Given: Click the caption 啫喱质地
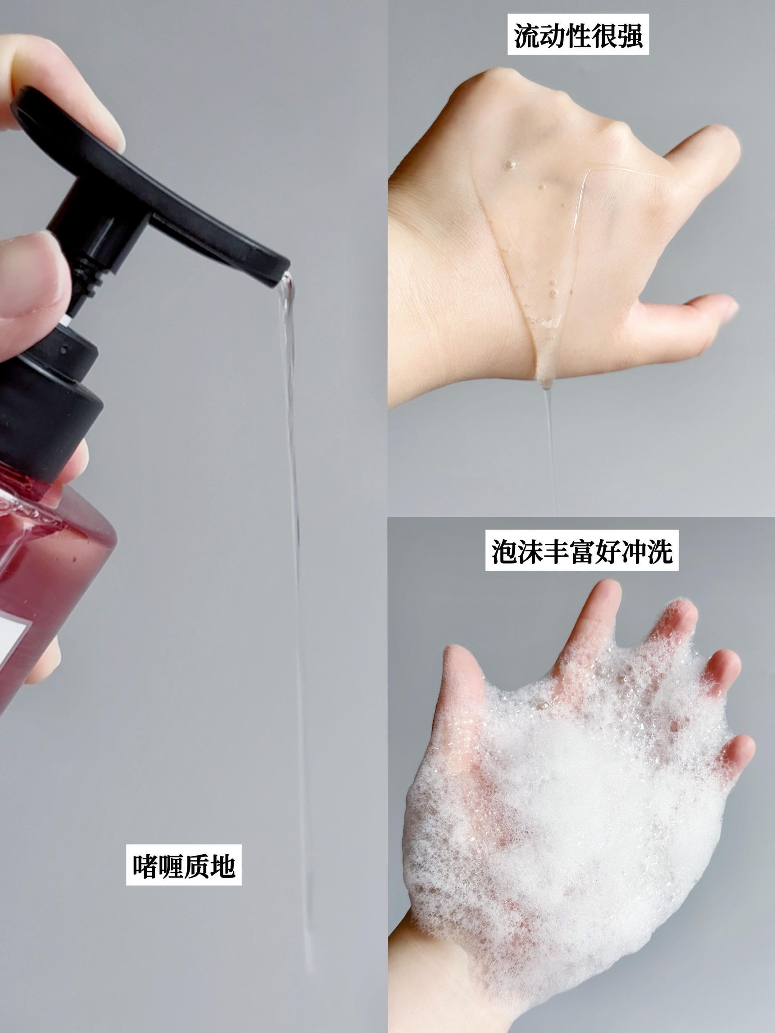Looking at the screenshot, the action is coord(184,866).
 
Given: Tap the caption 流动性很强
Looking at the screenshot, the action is coord(578,35).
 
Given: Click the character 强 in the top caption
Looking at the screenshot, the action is coord(630,35).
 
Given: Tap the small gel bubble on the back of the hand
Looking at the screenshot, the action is coord(510,164).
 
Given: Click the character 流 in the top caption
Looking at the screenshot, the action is coord(527,35).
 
